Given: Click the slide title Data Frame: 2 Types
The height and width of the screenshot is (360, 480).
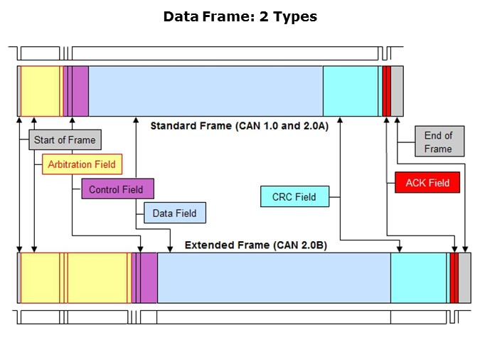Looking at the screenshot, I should pos(240,16).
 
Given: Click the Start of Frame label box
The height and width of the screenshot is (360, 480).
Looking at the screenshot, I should pos(65,139).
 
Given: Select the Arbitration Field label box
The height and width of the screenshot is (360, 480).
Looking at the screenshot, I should pos(81,164).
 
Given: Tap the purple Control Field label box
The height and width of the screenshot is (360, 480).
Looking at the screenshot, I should pos(117,189).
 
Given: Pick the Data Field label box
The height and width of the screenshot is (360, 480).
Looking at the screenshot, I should pos(174,213).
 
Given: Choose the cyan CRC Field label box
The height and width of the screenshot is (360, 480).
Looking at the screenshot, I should pos(294,196).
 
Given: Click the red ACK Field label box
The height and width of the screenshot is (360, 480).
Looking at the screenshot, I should pos(427,183).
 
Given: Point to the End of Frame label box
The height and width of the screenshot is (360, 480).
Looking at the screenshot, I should pos(438,142).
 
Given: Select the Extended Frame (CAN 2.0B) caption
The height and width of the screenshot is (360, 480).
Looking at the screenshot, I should pos(256,245).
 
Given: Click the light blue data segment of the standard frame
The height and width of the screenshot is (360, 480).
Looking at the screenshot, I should pos(206,91).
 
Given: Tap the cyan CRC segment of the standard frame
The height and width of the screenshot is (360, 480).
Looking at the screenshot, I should pos(351,91).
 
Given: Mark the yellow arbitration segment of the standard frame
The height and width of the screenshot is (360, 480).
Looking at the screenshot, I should pos(41,91).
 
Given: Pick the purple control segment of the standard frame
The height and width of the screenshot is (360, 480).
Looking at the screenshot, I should pos(80,91).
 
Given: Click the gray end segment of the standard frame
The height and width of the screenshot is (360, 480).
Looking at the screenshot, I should pos(397,91).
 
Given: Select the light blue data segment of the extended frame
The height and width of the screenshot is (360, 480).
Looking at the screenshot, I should pos(274,277).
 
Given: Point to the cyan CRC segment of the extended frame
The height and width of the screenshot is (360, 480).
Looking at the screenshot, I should pos(419,277).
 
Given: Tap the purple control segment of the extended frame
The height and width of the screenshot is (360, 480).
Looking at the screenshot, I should pos(148,277).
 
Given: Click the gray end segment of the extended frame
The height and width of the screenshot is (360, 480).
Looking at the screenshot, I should pos(464,277).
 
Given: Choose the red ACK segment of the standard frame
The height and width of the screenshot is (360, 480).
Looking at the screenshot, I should pos(386,91).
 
